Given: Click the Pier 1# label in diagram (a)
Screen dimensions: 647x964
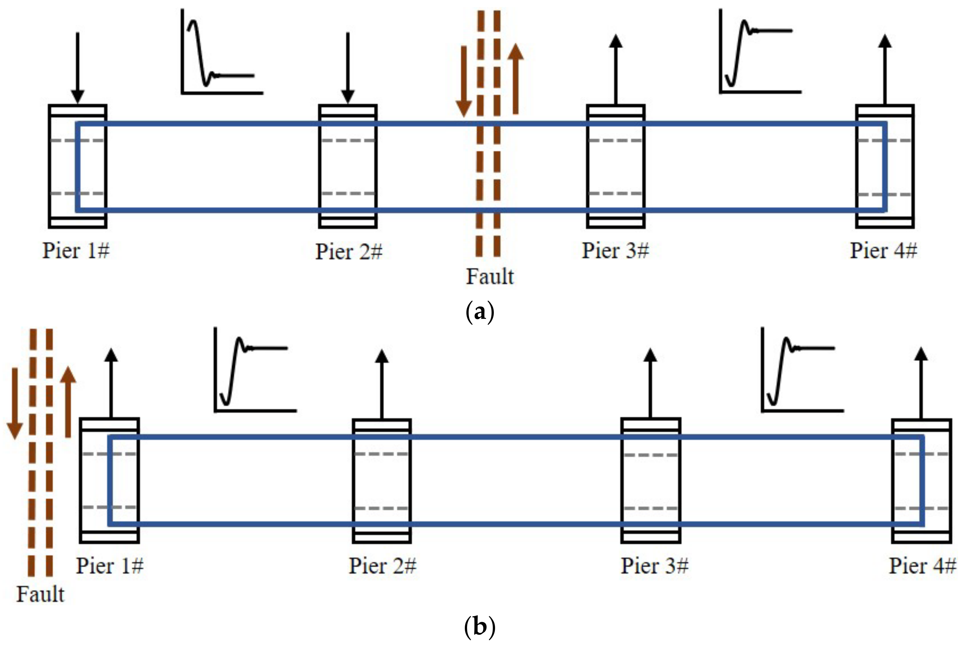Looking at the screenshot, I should click(76, 251).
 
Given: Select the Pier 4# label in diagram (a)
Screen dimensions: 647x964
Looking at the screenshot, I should click(883, 251).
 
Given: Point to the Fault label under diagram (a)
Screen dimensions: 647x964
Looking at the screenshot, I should click(490, 276).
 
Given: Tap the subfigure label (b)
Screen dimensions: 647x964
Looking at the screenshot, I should click(480, 628).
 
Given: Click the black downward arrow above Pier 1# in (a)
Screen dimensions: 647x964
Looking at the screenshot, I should click(78, 68).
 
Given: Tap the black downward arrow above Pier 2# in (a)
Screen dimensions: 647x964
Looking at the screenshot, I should click(348, 68).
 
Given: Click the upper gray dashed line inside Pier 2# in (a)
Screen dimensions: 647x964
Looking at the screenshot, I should click(348, 141).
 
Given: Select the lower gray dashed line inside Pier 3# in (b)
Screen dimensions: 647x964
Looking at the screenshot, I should click(650, 508).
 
